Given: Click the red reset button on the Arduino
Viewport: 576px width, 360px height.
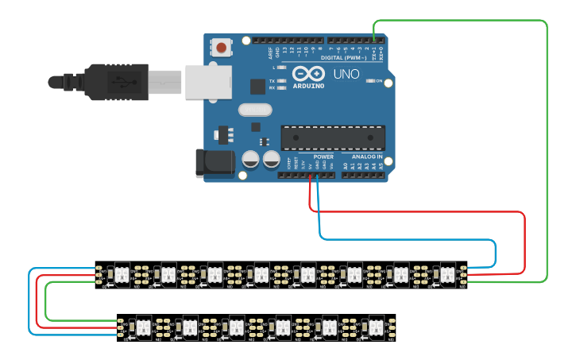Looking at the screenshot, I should (222, 48).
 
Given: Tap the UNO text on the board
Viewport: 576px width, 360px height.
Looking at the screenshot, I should (347, 74).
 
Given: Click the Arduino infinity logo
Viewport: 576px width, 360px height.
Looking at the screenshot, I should (307, 75).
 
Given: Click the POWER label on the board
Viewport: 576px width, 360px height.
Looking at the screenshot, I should (323, 157).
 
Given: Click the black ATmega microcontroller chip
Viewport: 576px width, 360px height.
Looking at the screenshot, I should (333, 137).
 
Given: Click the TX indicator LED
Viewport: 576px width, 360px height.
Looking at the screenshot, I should (283, 81).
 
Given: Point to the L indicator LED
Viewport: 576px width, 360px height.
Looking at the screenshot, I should (283, 68).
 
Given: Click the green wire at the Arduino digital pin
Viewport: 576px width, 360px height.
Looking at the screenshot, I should (373, 36).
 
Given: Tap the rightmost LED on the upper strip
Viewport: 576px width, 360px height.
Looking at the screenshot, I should (447, 274).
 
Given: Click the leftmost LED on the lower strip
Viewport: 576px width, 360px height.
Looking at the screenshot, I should (144, 326).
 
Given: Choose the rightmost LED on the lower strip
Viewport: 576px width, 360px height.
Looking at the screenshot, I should (373, 326).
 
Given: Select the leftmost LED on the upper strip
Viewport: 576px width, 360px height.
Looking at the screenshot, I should (122, 274).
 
